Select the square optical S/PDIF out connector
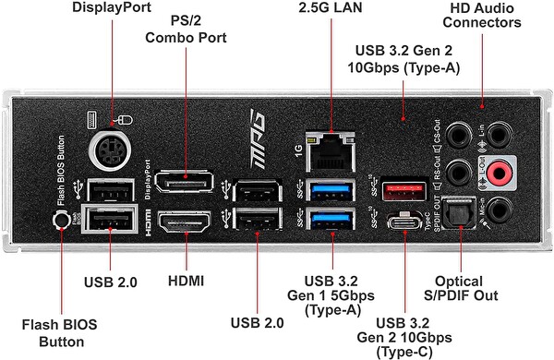pos(456,212)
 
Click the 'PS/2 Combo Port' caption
pos(185,30)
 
